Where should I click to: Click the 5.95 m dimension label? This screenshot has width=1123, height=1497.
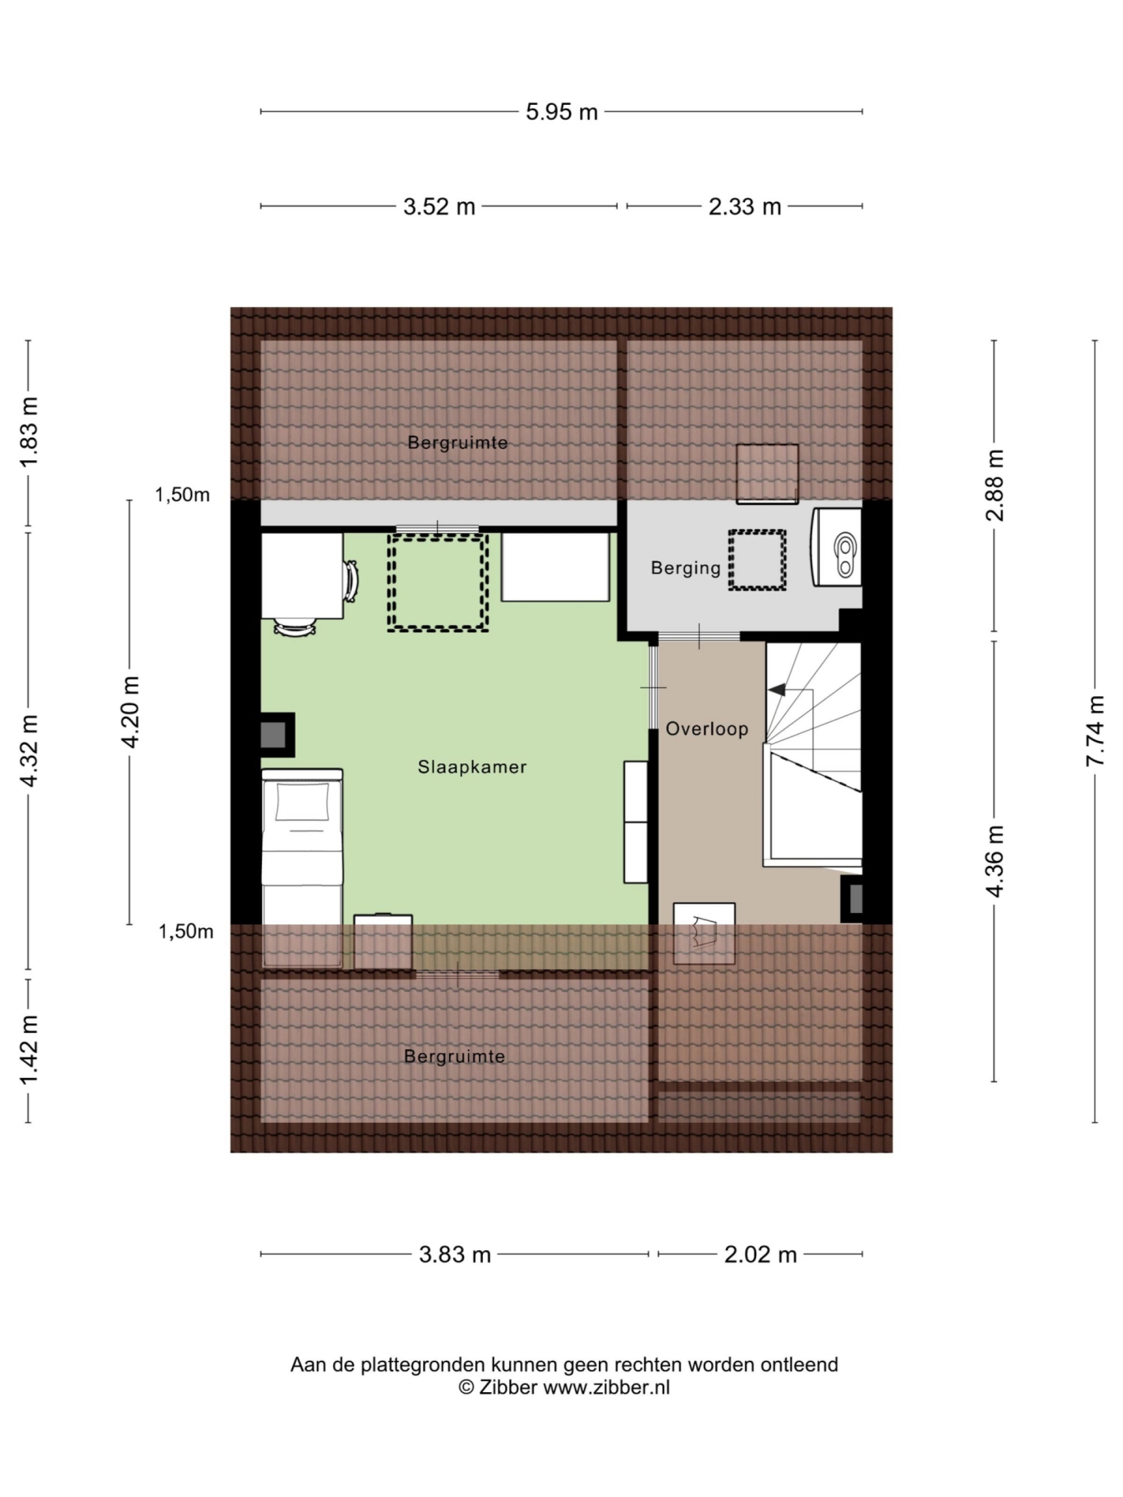click(x=561, y=112)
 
